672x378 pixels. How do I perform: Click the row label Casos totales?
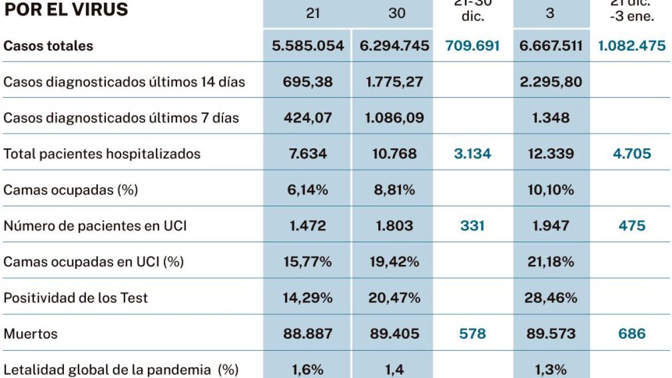point(48,46)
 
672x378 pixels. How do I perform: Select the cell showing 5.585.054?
point(308,46)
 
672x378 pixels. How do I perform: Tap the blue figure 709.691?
point(472,46)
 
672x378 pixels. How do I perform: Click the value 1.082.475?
point(632,46)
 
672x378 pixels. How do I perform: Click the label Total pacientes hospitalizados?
point(102,154)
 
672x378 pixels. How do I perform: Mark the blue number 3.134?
point(472,154)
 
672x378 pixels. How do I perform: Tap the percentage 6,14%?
point(308,190)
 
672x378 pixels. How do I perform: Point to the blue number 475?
point(632,226)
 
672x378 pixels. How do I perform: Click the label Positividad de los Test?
point(76,297)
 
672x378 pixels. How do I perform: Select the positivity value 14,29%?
point(308,297)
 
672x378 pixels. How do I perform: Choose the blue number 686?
point(632,334)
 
